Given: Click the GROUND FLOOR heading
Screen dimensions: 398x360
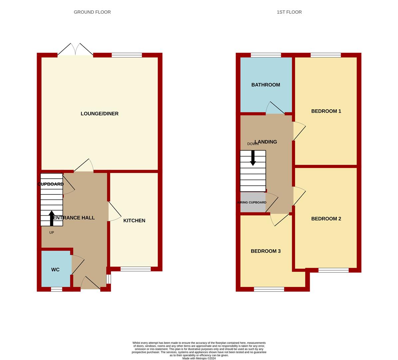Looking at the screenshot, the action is [x=92, y=12].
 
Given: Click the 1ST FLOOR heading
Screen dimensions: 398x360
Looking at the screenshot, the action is [x=289, y=12].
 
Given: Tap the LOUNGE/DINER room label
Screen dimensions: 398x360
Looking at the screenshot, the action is [x=100, y=114].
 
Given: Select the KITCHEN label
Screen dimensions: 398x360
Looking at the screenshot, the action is [x=134, y=221].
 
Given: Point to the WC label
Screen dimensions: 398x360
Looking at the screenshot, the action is [x=55, y=270].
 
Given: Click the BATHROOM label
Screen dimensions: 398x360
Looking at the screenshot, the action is [x=266, y=85].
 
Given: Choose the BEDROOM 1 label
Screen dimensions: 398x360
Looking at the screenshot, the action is [x=326, y=111].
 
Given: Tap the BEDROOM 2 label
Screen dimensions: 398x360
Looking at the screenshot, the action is [x=326, y=219].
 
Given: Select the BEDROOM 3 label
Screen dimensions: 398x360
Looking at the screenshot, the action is [x=266, y=251].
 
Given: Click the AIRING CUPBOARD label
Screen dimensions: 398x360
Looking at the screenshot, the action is [x=252, y=202].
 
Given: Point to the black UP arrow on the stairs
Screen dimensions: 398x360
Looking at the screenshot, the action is [x=52, y=218].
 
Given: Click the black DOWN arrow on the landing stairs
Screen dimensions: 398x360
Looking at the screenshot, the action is [x=253, y=158].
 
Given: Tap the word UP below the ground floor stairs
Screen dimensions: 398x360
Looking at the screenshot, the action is [x=52, y=232].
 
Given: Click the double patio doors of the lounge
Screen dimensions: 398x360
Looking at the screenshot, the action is [x=75, y=49].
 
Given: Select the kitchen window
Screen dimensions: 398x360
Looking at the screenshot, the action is [x=136, y=269].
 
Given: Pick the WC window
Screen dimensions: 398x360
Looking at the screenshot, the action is [x=57, y=289].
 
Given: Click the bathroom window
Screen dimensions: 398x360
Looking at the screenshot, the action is [x=266, y=55].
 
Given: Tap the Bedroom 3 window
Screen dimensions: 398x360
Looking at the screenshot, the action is [x=269, y=289].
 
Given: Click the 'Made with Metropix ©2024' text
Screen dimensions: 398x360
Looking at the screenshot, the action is [x=199, y=358].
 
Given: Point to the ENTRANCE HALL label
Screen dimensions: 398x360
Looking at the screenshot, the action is [x=74, y=218].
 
